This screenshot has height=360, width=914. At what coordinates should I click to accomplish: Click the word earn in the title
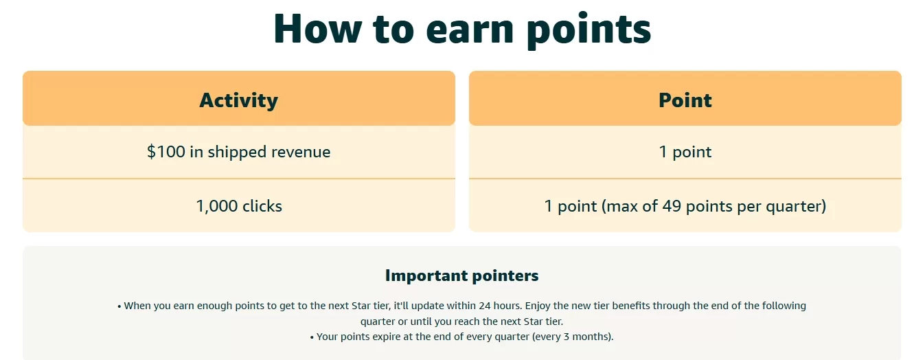tap(470, 31)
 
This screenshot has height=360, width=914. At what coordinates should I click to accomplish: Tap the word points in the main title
tap(589, 31)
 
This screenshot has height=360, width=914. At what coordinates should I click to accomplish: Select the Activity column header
tap(239, 100)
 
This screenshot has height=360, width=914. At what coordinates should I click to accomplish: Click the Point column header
tap(685, 100)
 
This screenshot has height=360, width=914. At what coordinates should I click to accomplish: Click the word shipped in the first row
tap(237, 153)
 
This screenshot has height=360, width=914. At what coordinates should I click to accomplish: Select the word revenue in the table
tap(301, 153)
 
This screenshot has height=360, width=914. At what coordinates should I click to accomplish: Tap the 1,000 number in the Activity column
tap(217, 206)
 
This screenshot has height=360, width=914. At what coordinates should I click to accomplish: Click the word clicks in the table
tap(262, 206)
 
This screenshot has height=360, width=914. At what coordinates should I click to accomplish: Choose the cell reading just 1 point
tap(685, 153)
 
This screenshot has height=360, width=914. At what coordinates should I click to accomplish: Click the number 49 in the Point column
tap(672, 206)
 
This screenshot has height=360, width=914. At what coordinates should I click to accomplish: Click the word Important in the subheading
tap(426, 276)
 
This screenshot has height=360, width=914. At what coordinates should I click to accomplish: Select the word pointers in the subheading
tap(505, 276)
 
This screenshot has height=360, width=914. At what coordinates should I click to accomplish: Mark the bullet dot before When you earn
tap(119, 306)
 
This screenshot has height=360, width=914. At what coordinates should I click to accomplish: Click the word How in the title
tap(318, 29)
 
